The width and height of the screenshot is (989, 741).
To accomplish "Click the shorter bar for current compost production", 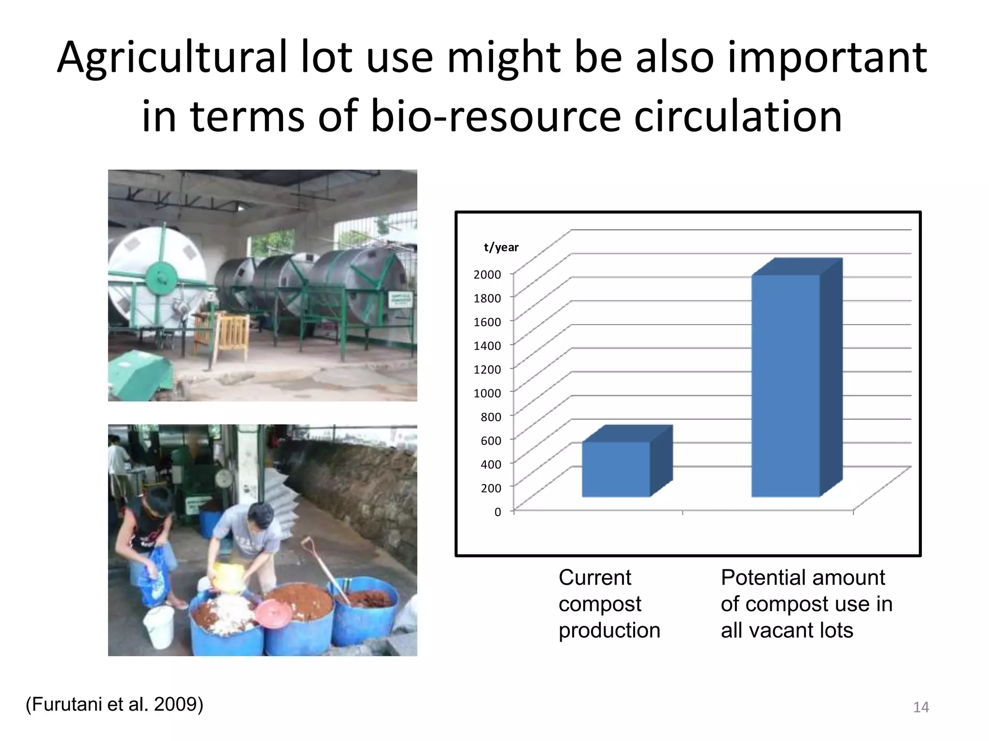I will (x=616, y=469).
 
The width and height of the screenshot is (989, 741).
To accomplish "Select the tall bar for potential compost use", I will (x=786, y=386).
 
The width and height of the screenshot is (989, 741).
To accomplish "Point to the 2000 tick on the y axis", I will (x=487, y=274).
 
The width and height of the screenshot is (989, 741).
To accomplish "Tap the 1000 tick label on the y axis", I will (x=487, y=393).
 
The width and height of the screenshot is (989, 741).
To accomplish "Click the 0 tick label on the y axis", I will (x=498, y=512).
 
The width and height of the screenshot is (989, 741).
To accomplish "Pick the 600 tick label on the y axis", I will (x=491, y=440).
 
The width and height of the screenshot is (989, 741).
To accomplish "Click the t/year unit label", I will (x=501, y=247).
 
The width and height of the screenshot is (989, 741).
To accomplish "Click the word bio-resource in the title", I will (x=495, y=117).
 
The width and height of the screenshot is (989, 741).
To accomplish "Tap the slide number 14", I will (x=921, y=707).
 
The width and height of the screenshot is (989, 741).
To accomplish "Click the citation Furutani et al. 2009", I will (x=114, y=704).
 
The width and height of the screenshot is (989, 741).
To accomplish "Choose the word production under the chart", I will (x=609, y=630).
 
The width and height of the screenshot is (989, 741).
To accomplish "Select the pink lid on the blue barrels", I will (x=273, y=613).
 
